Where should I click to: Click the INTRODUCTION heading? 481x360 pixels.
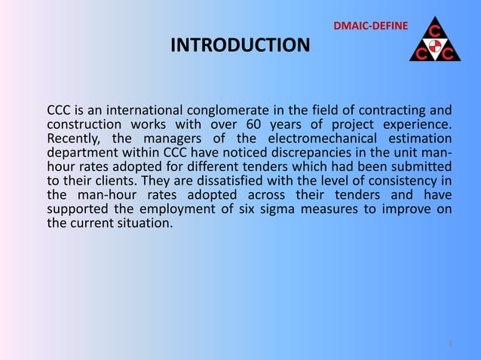[240, 46]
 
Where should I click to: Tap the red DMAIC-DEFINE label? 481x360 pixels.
[371, 28]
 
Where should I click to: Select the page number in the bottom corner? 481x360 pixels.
[449, 344]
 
